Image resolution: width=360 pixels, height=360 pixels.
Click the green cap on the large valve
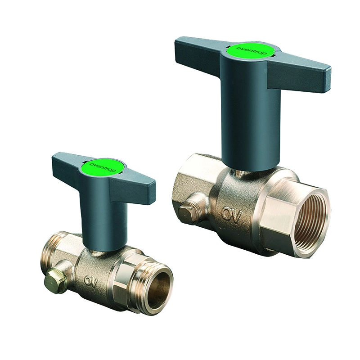(x=252, y=51)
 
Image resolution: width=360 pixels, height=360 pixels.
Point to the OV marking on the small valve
(x=91, y=281)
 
